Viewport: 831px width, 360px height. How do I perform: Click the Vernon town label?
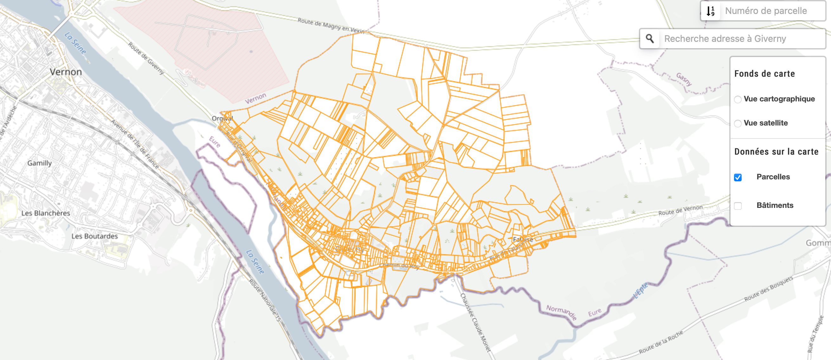point(66,72)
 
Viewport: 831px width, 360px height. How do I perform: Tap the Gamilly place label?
point(39,163)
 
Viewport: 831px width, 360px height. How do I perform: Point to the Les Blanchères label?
point(46,213)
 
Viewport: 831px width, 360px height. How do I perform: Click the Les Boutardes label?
point(94,236)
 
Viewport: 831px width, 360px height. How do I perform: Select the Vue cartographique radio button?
point(738,100)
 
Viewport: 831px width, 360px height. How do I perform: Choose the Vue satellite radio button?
point(738,124)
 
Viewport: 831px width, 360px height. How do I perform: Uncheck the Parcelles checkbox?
point(738,177)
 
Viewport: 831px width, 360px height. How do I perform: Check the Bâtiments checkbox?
point(738,206)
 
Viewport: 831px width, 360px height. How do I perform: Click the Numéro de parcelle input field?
point(771,11)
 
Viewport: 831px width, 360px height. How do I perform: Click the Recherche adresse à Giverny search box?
point(739,39)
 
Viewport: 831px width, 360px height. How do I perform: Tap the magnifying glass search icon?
point(650,39)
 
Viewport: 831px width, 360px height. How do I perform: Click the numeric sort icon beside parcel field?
point(710,11)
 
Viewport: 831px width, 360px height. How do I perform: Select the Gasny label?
point(684,79)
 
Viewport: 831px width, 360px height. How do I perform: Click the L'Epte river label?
point(641,290)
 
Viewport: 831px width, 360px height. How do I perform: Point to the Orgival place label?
point(222,119)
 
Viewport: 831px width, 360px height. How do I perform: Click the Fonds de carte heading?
point(764,74)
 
